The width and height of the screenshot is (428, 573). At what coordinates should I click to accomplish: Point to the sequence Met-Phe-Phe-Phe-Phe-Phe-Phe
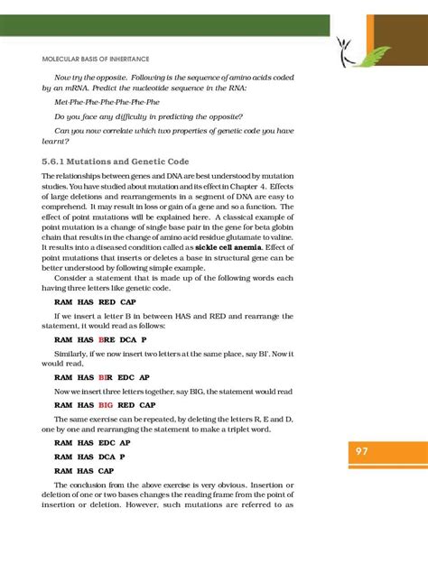pyautogui.click(x=107, y=102)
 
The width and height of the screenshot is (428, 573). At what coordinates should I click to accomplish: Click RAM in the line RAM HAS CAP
pyautogui.click(x=64, y=471)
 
